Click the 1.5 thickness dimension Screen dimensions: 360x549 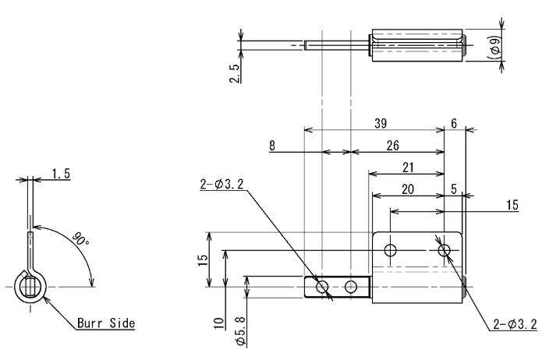61,174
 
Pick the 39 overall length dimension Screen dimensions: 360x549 382,123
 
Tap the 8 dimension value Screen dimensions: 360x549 272,145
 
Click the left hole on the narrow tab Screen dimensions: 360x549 322,287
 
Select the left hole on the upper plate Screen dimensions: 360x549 391,250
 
